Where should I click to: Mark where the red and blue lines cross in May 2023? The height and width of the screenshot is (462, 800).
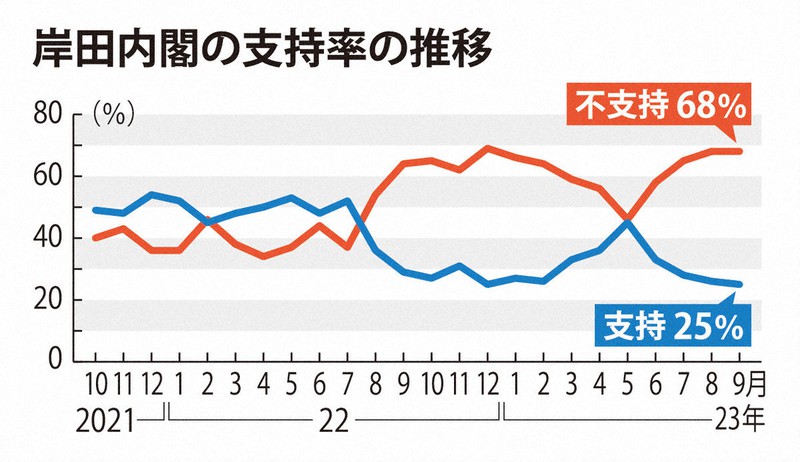[627, 219]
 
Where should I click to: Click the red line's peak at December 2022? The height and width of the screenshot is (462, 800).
[487, 148]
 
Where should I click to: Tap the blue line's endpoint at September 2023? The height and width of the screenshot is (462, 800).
[739, 284]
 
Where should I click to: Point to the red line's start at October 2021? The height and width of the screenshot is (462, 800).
[95, 238]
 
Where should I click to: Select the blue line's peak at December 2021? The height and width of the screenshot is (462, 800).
[151, 195]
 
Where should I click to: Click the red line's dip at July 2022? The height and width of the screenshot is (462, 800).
[347, 247]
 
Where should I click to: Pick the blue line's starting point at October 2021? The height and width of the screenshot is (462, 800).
[95, 210]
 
